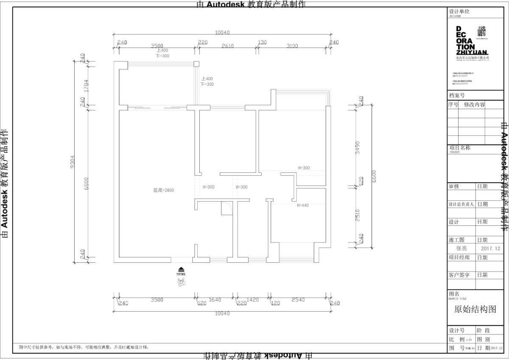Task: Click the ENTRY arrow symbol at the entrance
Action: click(x=181, y=270)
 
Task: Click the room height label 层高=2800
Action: click(x=163, y=190)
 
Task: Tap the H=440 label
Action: click(x=303, y=205)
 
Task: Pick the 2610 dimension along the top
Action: click(x=227, y=46)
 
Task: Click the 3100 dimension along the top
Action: click(x=292, y=46)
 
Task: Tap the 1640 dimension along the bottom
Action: click(x=215, y=300)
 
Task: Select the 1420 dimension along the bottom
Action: click(x=252, y=300)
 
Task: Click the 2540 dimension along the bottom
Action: click(x=299, y=300)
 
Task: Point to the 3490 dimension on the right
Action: click(x=358, y=147)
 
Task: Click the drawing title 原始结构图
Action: click(x=475, y=309)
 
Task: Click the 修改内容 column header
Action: click(x=474, y=104)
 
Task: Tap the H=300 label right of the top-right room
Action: click(x=304, y=168)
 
